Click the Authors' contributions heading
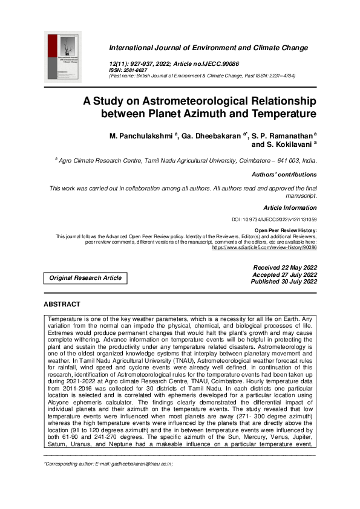click(284, 174)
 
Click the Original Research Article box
click(85, 278)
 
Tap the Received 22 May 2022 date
click(284, 267)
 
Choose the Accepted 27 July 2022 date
click(284, 274)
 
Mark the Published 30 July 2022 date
click(284, 282)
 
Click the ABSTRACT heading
click(62, 303)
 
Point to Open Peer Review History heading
click(286, 231)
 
